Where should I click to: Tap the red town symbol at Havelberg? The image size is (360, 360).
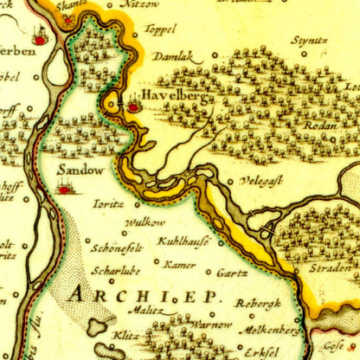pos(133,106)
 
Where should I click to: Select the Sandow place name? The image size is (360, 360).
pos(80,170)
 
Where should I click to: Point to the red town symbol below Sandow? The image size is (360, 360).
pos(64,188)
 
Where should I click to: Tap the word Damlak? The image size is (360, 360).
pos(173,56)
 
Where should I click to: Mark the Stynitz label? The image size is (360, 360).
pos(309,40)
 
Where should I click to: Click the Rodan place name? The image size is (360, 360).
pos(319,124)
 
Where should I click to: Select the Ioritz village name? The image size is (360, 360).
pos(108,204)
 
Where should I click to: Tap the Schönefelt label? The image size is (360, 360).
pos(117,247)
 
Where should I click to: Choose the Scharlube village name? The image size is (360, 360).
pos(115,268)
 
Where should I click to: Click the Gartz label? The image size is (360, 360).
pos(233,273)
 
